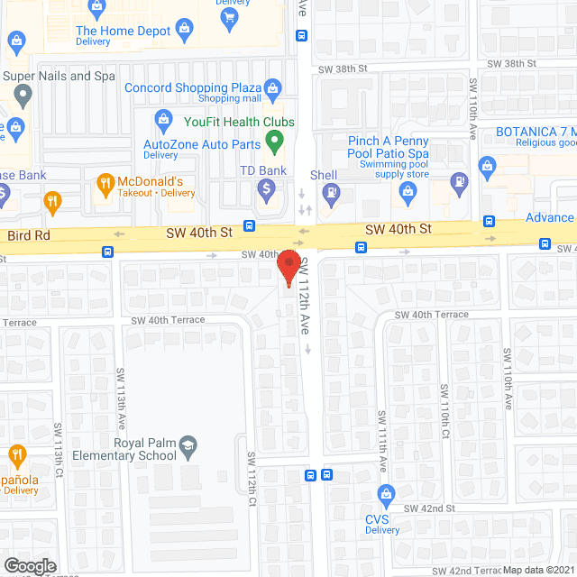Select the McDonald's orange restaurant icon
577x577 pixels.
coord(105,183)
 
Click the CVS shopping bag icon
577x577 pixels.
coord(387,494)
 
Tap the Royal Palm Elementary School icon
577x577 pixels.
coord(187,444)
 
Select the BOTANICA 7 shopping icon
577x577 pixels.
coord(488,165)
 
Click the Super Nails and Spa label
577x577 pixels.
coord(59,76)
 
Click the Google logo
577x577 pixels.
coord(30,565)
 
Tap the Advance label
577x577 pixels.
coord(549,217)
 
